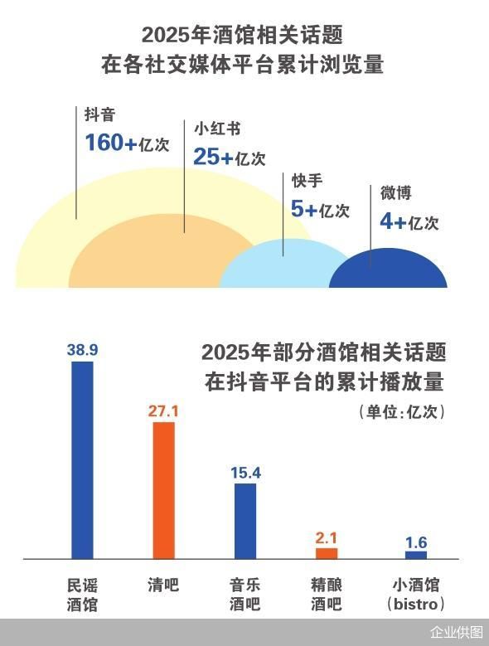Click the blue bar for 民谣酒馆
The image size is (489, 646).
82,460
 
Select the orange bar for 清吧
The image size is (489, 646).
163,490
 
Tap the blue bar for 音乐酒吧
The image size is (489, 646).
245,521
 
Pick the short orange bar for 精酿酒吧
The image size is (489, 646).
327,553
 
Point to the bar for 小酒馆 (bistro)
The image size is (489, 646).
416,555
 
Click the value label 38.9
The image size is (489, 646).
82,351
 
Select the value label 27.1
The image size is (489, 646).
163,411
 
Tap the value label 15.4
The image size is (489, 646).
245,473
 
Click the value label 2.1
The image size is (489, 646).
327,538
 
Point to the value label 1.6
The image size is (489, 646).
416,542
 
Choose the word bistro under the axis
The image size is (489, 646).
416,603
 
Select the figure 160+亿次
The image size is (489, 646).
127,143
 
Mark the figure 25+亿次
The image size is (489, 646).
230,157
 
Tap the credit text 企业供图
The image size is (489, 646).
456,632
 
